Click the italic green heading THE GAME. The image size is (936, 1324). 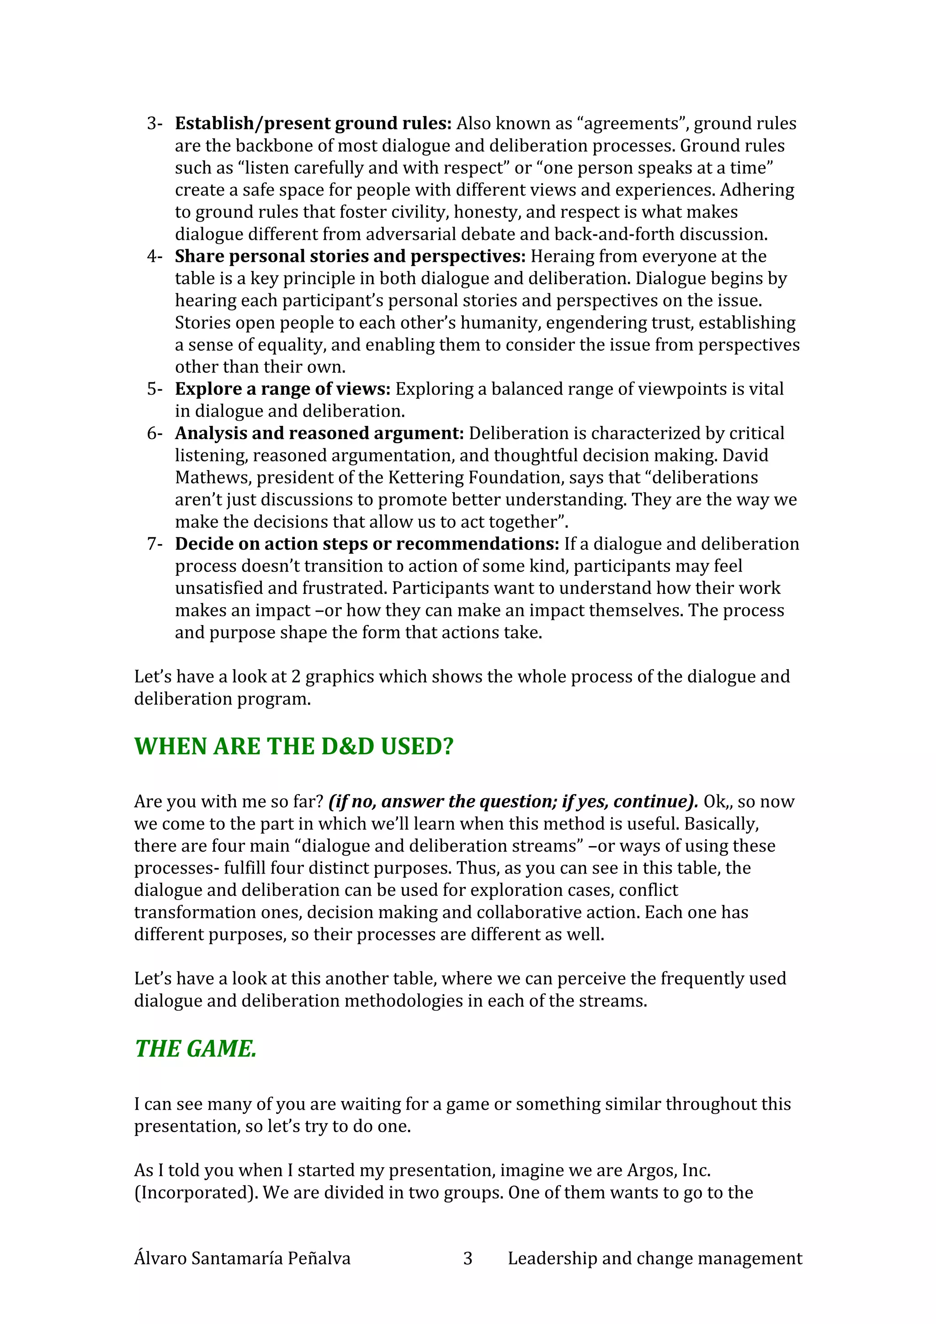(x=196, y=1049)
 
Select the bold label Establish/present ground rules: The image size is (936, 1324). (x=313, y=123)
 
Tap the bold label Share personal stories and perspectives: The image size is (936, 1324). (x=350, y=256)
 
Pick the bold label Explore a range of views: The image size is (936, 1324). (x=282, y=389)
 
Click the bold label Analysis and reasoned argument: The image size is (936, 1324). (x=319, y=433)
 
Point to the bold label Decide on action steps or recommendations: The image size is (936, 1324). (x=367, y=544)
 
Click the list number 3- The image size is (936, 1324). (x=154, y=123)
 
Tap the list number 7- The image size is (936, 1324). (x=154, y=544)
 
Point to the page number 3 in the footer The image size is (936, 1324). (x=468, y=1258)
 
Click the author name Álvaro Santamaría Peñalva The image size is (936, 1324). (x=242, y=1258)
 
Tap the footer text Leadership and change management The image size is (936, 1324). (x=654, y=1258)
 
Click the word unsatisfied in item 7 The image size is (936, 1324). (x=220, y=588)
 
